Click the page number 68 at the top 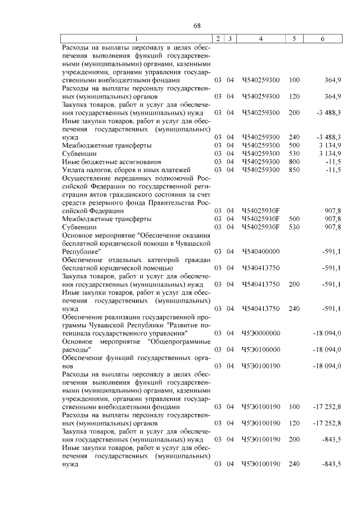(197, 26)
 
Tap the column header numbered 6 (322, 38)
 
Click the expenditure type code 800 (294, 161)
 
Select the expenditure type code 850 (294, 170)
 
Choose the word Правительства (168, 202)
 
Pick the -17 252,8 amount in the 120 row (327, 422)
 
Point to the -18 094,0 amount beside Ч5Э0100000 (327, 349)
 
